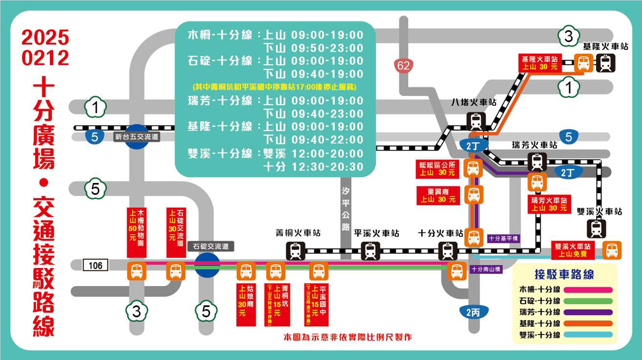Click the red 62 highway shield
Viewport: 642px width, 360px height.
pos(404,65)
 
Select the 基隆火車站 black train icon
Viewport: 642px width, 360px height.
pos(606,63)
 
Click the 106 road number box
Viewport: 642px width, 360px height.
pos(95,265)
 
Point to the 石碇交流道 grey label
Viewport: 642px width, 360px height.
pos(210,247)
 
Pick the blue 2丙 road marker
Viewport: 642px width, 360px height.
pos(473,312)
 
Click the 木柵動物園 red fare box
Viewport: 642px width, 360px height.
pos(137,232)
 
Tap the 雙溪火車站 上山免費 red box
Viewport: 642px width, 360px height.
pos(573,250)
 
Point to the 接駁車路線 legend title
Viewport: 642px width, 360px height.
pos(564,274)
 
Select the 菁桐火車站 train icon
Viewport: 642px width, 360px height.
pos(296,251)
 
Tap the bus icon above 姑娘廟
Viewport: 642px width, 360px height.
pos(246,271)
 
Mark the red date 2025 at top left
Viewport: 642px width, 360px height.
pos(45,38)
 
